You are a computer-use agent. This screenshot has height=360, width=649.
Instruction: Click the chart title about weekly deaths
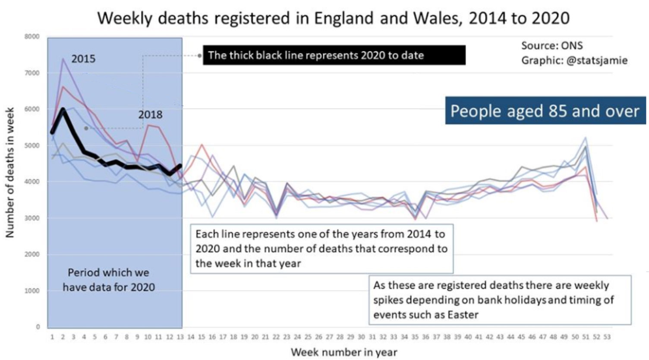(333, 18)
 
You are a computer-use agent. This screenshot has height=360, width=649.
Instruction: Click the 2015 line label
(83, 59)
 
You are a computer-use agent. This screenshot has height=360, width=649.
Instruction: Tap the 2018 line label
(150, 114)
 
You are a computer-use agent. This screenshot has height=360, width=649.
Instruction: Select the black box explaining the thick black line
(334, 55)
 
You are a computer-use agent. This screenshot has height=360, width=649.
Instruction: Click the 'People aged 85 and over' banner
(545, 111)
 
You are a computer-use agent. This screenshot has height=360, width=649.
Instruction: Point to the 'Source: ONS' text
(552, 45)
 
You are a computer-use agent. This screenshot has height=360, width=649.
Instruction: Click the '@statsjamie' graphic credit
(596, 60)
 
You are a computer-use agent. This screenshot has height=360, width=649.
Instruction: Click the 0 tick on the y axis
(38, 327)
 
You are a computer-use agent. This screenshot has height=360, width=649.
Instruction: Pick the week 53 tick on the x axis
(607, 337)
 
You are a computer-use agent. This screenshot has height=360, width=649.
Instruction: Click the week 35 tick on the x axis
(415, 337)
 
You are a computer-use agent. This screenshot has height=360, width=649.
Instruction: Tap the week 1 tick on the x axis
(52, 337)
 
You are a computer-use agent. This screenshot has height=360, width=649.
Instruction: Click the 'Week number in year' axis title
(344, 352)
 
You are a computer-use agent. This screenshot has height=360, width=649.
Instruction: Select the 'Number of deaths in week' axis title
(10, 172)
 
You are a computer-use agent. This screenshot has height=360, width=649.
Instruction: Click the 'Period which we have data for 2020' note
(109, 280)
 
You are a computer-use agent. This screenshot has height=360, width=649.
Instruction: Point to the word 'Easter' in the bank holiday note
(463, 315)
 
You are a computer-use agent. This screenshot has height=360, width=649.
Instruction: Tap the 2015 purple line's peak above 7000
(63, 59)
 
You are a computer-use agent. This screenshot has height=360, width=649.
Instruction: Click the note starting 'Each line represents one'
(321, 248)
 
